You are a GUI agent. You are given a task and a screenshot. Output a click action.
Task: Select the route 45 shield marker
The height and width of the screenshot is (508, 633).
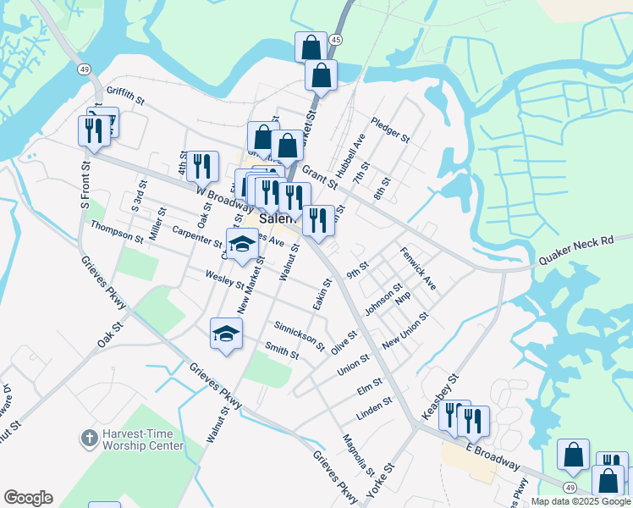pyautogui.click(x=337, y=40)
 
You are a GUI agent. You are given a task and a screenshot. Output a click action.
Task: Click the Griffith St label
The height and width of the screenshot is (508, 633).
pyautogui.click(x=125, y=97)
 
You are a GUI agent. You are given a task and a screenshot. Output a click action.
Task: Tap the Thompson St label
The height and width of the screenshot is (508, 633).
pyautogui.click(x=117, y=232)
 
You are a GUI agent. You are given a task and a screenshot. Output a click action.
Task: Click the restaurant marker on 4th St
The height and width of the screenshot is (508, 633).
pyautogui.click(x=203, y=165)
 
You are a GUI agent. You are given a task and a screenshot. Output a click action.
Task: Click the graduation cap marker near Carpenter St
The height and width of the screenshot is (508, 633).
pyautogui.click(x=242, y=242)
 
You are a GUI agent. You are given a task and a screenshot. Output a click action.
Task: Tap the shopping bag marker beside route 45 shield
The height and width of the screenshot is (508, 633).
pyautogui.click(x=311, y=46)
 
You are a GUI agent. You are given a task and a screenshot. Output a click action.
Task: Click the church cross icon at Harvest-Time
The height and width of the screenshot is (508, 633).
pyautogui.click(x=88, y=439)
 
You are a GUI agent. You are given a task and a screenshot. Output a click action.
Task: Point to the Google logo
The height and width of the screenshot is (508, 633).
pyautogui.click(x=28, y=498)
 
